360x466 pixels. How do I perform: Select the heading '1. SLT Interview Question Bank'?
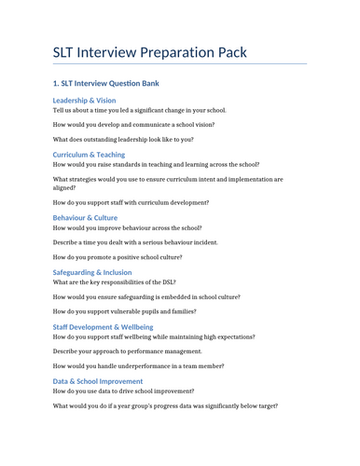pos(105,83)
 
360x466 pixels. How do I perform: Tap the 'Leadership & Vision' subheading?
pos(85,100)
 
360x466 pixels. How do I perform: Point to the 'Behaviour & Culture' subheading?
pos(86,217)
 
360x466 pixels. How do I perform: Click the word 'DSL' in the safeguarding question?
pos(168,281)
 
